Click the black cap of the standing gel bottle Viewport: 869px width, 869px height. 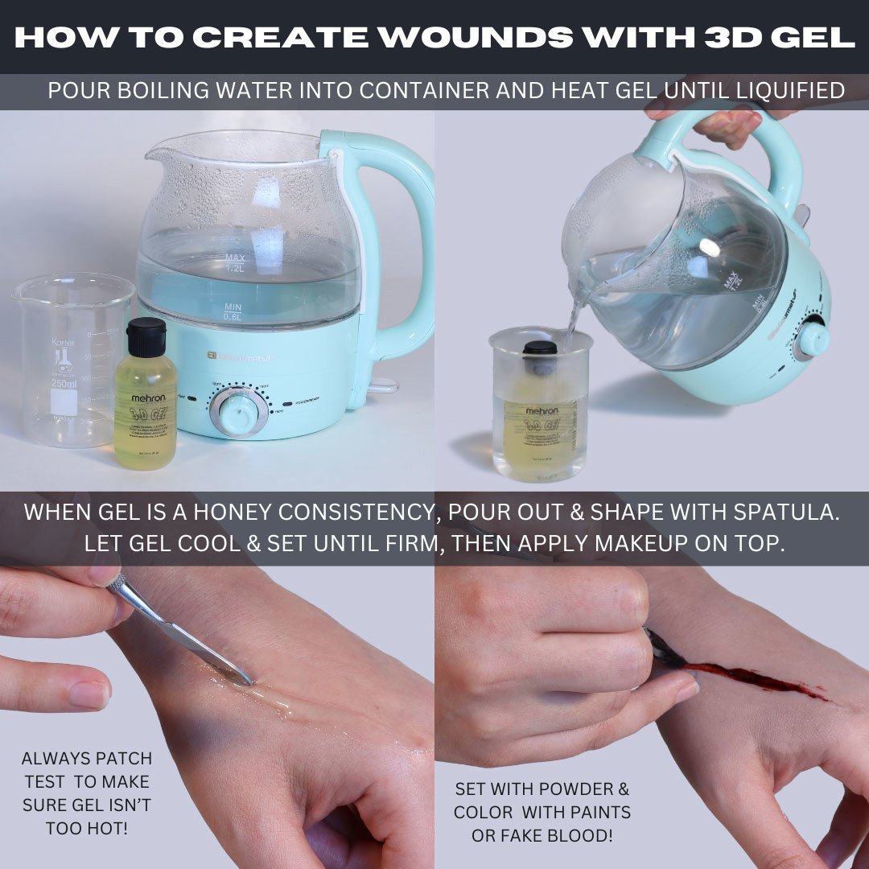(146, 337)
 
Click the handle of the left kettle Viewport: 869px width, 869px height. (402, 241)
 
